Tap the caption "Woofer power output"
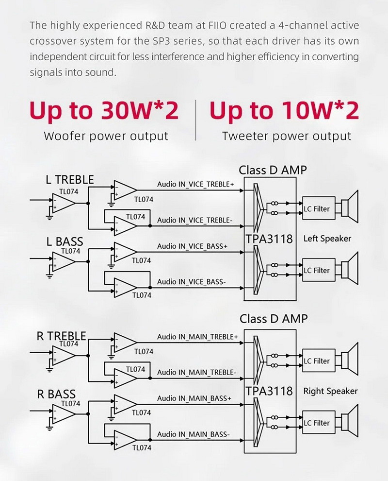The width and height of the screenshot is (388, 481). coord(106,136)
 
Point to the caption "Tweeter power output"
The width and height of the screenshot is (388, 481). coord(287,136)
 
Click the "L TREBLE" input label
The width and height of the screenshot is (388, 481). coord(70,180)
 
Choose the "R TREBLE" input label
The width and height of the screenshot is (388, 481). coord(62,336)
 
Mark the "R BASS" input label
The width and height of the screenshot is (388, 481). coord(56,394)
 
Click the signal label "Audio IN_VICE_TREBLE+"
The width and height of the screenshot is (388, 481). coord(195,184)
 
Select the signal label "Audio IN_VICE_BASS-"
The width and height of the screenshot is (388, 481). coord(192,281)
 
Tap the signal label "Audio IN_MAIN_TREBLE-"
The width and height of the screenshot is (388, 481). coord(197,372)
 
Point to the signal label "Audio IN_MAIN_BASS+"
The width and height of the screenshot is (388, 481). coord(194,398)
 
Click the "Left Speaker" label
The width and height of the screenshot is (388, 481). coord(327,239)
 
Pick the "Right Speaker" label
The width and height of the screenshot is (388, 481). coord(330,391)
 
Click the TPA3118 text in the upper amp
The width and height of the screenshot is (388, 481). coord(269,239)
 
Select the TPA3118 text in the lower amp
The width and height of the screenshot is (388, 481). coord(269,391)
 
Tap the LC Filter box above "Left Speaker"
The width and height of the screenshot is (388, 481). coord(316,209)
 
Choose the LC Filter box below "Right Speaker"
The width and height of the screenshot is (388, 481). coord(316,423)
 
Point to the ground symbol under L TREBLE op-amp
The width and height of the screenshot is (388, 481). coord(49,214)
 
